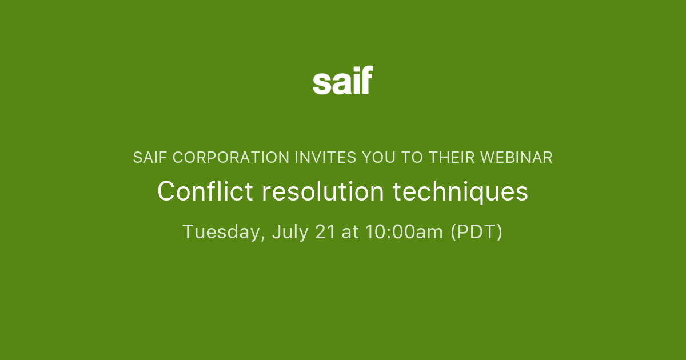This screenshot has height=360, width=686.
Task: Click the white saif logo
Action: pyautogui.click(x=343, y=81)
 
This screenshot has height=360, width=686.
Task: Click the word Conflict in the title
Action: pyautogui.click(x=205, y=191)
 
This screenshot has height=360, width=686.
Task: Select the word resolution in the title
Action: pyautogui.click(x=323, y=191)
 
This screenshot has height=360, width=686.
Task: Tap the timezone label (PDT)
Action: pyautogui.click(x=476, y=232)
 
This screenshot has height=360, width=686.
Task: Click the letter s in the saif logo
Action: pyautogui.click(x=321, y=83)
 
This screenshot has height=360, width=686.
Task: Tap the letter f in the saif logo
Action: pyautogui.click(x=366, y=80)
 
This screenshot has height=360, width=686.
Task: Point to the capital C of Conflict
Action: pyautogui.click(x=165, y=191)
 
